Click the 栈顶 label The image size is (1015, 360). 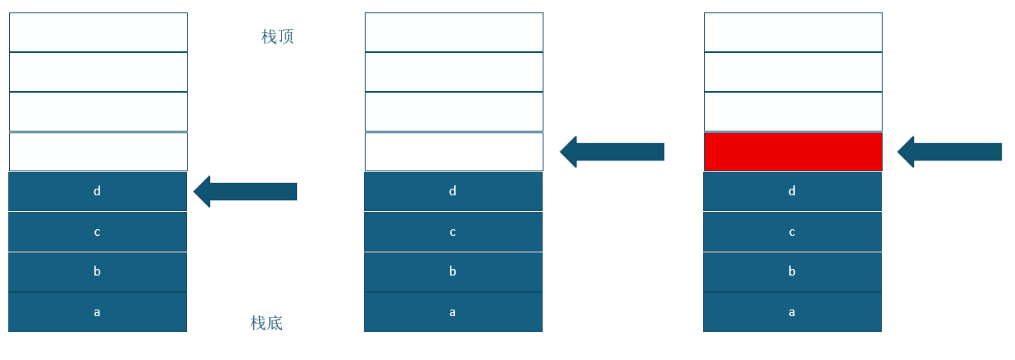click(277, 36)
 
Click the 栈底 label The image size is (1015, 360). click(266, 323)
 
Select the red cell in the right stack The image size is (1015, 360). click(792, 151)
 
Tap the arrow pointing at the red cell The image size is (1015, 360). click(949, 151)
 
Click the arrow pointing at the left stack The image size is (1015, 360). click(245, 191)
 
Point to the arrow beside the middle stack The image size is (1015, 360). click(611, 151)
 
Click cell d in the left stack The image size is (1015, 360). click(98, 191)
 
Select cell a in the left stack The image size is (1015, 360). click(98, 312)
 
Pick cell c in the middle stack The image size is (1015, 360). click(453, 232)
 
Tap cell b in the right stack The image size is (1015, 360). click(792, 271)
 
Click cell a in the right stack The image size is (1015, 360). click(792, 312)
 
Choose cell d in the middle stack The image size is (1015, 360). click(453, 191)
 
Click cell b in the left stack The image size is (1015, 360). click(98, 271)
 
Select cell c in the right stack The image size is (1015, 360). click(792, 232)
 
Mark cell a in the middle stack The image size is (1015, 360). click(453, 312)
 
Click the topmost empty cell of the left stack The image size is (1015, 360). click(98, 32)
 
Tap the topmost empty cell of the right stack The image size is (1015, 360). click(792, 32)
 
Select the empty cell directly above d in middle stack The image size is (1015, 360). click(453, 151)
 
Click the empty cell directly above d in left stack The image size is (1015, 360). click(98, 151)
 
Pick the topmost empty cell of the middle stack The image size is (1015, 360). click(453, 32)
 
